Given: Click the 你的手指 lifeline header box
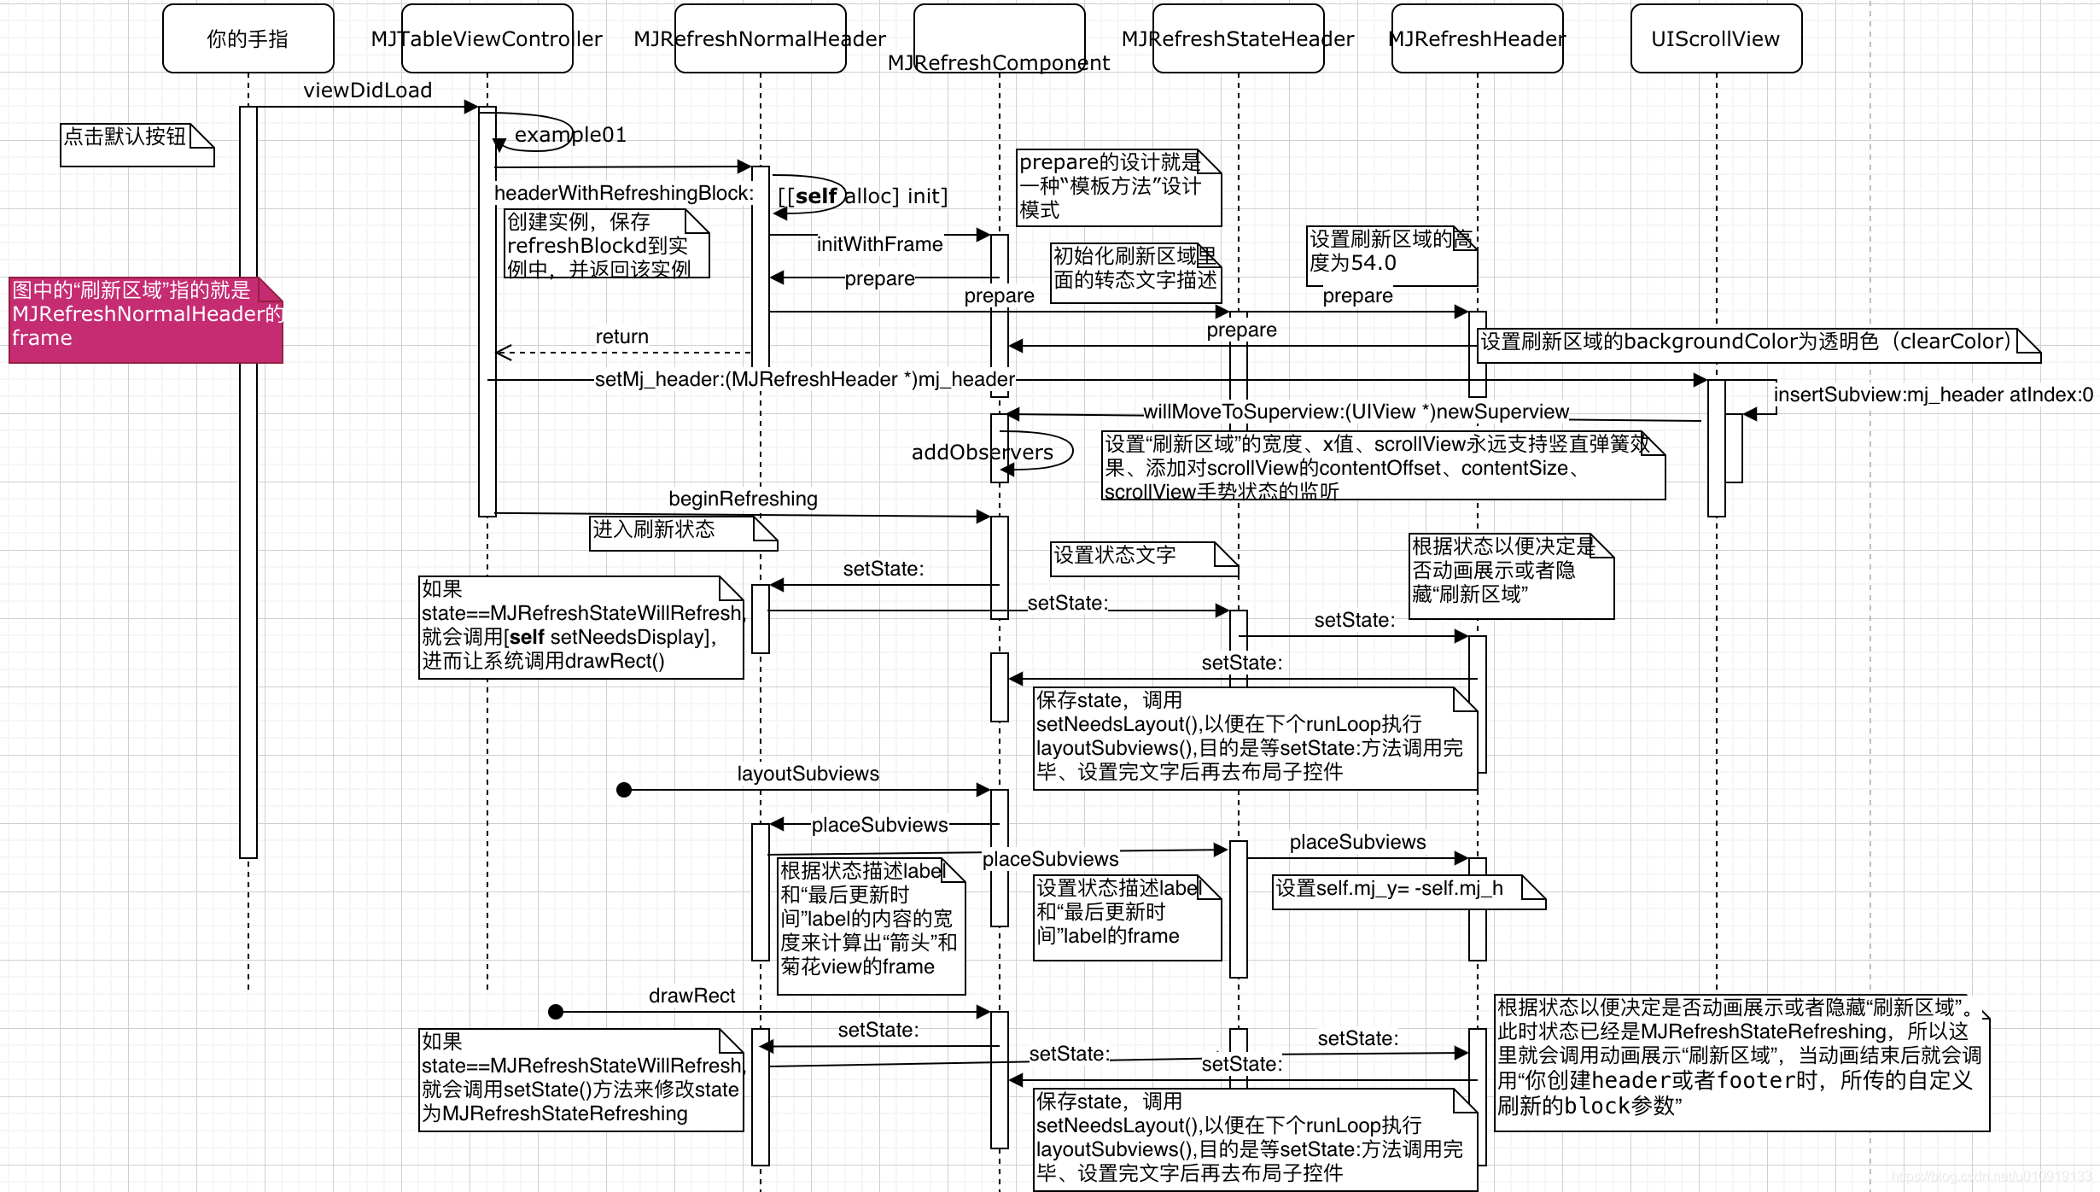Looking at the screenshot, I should (248, 38).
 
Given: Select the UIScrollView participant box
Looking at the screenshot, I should (1716, 38).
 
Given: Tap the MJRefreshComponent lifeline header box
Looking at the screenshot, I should (999, 38).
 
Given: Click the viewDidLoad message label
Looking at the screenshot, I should (367, 91).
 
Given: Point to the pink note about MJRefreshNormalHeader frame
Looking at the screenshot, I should (145, 320).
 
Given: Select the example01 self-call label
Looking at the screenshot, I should (570, 135).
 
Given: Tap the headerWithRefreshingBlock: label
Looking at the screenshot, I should (624, 194).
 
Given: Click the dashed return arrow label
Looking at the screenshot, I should (621, 337).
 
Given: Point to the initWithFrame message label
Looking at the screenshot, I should (879, 245).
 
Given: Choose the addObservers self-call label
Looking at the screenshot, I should (982, 453).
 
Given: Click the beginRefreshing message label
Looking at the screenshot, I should (743, 499).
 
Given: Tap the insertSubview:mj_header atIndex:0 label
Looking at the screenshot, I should (1933, 394).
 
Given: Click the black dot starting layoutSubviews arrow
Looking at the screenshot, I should (624, 790).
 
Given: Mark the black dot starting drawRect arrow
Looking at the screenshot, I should (556, 1012).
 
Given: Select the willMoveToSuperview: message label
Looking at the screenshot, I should (1356, 412).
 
